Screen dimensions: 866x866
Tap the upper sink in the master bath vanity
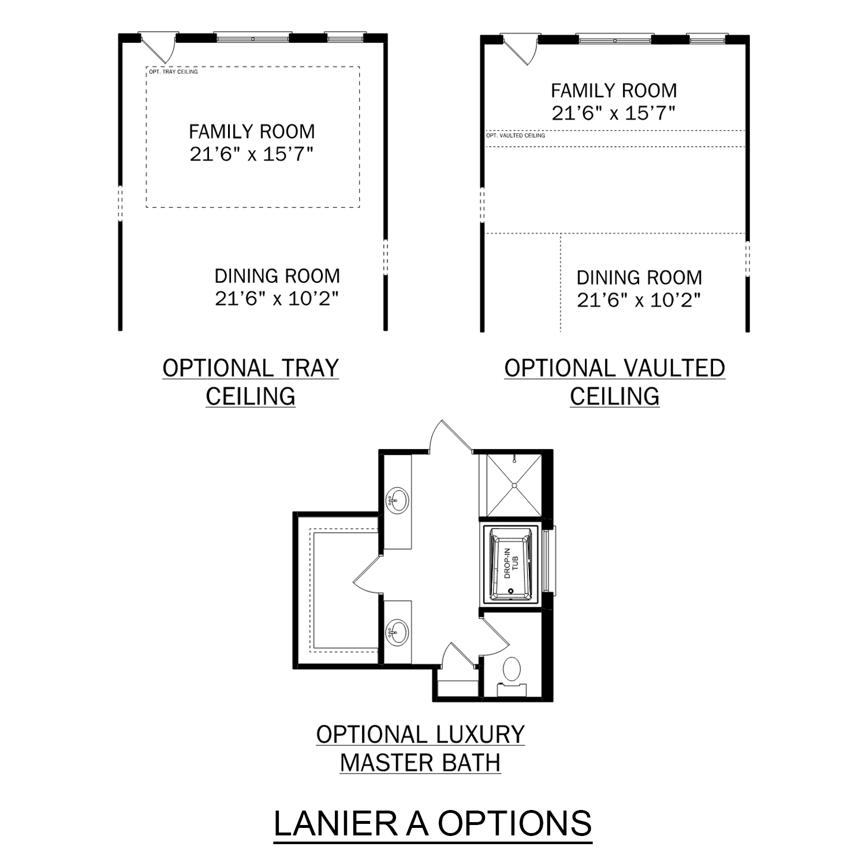[x=397, y=500]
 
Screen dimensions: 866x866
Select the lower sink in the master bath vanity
[x=397, y=632]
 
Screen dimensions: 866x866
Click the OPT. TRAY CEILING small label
[x=173, y=72]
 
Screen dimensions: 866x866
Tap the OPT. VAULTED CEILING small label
[x=516, y=136]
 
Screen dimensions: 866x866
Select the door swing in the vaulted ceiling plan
[x=521, y=50]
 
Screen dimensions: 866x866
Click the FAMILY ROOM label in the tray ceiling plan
[x=252, y=132]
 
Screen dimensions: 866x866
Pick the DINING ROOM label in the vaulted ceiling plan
[x=639, y=278]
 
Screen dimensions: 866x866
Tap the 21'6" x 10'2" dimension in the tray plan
[x=277, y=298]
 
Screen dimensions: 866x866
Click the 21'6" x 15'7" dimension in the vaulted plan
[x=613, y=113]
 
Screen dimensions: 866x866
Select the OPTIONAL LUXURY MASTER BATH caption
[x=420, y=748]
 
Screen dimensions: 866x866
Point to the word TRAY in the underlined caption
[x=311, y=368]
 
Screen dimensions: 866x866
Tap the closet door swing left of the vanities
[x=368, y=576]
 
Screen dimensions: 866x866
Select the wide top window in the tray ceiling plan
[x=253, y=38]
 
